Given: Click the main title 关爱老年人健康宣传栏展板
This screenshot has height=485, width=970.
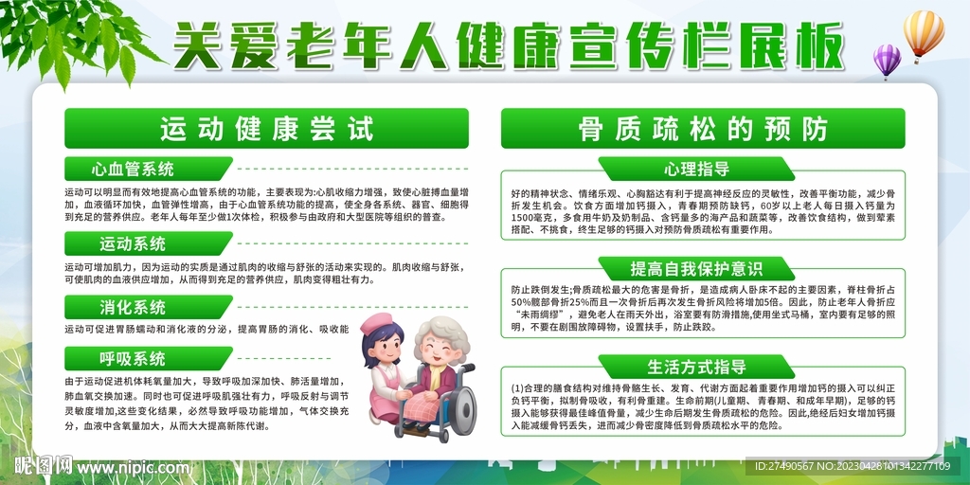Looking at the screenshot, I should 508,44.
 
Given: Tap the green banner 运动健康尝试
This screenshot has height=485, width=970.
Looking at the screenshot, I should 266,129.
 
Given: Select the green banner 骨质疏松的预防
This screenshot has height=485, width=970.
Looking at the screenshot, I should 703,129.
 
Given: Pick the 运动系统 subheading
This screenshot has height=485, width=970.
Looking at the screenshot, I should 134,243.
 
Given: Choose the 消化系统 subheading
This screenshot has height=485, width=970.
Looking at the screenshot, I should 134,307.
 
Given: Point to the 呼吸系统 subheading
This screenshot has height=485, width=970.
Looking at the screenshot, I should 134,359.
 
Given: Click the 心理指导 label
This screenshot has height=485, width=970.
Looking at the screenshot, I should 697,171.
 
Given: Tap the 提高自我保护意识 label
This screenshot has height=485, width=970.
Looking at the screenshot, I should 697,268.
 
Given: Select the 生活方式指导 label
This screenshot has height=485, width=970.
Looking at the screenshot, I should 697,368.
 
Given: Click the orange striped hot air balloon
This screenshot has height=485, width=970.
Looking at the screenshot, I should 923,34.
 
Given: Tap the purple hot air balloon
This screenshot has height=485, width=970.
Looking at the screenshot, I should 887,60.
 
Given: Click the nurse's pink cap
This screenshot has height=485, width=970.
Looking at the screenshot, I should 376,324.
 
